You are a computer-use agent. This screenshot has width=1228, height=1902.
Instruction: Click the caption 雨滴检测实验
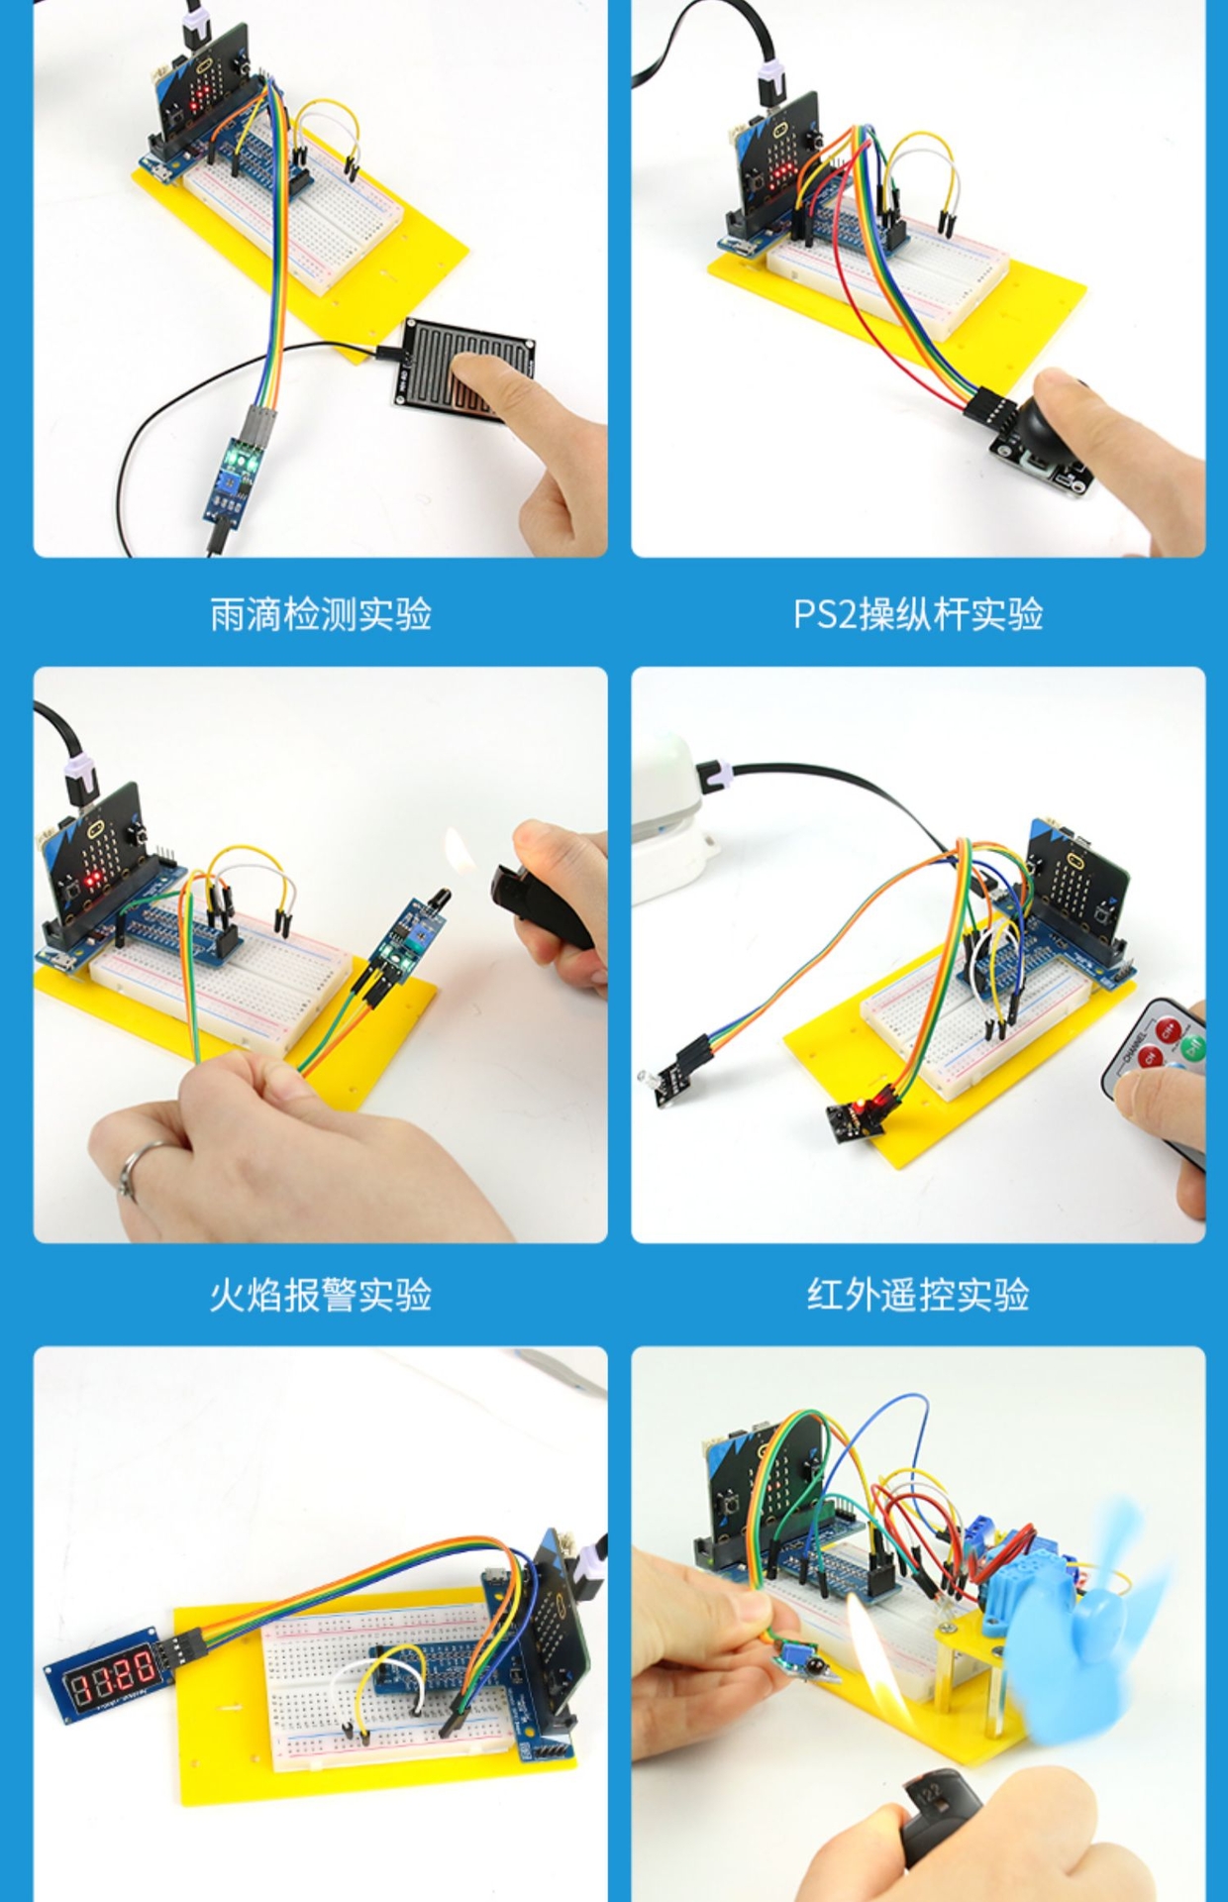click(321, 614)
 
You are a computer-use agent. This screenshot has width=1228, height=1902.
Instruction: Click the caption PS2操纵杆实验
click(918, 614)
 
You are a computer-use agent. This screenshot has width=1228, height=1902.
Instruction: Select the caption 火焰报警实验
click(321, 1295)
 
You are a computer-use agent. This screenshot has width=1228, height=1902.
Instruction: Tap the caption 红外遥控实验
click(918, 1295)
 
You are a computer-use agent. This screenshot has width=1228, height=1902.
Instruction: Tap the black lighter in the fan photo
click(941, 1818)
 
